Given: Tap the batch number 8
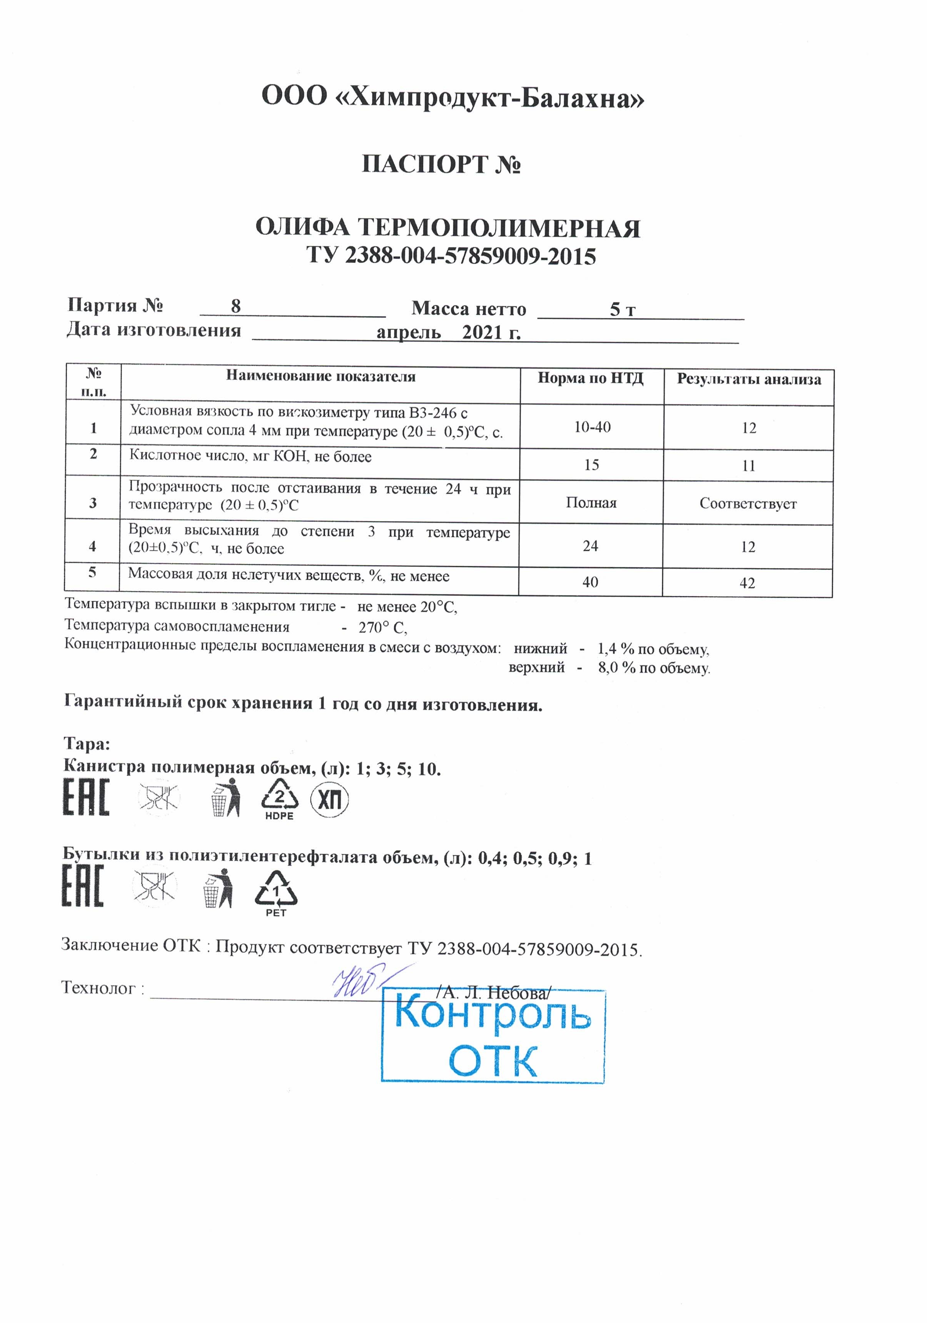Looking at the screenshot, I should point(236,306).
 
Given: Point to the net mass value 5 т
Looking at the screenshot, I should point(622,310).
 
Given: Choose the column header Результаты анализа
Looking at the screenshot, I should point(748,379).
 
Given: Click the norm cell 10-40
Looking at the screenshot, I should point(592,427).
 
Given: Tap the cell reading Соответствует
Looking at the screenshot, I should point(748,503).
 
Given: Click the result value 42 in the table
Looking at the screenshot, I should point(747,583).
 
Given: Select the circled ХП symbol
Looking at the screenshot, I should point(329,800).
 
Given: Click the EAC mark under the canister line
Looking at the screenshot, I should point(86,798).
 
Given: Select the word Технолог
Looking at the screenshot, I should point(98,988).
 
